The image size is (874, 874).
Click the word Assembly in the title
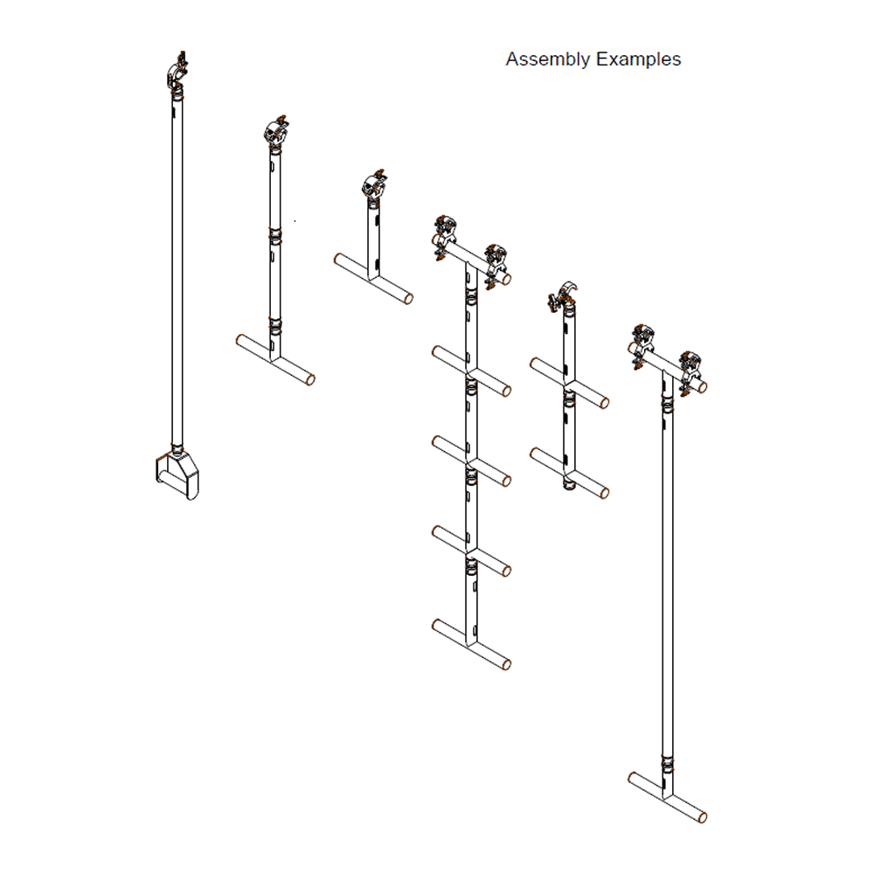548,60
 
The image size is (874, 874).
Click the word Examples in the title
639,59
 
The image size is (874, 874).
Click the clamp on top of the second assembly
277,131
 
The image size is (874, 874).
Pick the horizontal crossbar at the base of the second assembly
275,359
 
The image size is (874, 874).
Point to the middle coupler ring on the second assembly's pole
275,236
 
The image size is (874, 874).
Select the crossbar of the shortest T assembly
373,279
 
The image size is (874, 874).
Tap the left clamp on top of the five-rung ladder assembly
446,235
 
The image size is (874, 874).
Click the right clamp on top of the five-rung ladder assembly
496,265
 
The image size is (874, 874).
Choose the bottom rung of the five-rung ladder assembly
471,645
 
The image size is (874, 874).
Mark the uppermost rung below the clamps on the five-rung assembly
471,371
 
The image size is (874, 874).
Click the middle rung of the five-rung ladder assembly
471,461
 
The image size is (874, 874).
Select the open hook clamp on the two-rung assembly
561,297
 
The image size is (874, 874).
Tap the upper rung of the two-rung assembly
569,382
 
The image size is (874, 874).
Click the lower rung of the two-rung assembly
569,473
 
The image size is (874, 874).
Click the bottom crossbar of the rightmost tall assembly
667,796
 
